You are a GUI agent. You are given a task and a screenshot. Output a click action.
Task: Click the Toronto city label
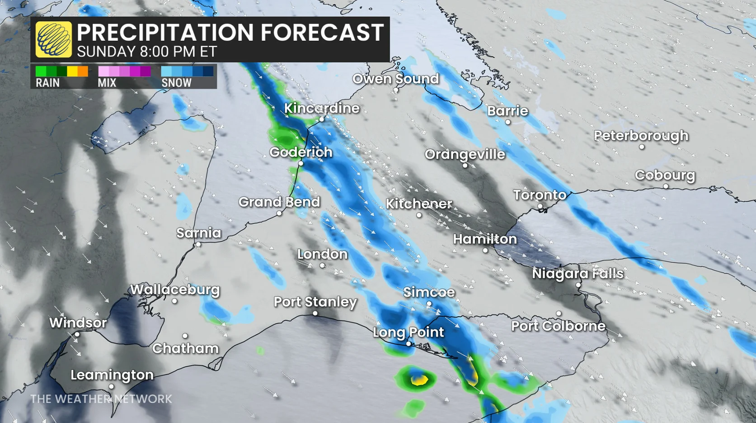coord(540,195)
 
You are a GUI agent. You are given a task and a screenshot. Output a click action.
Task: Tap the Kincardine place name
coord(322,108)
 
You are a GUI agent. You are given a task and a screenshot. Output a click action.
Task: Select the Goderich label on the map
coord(301,152)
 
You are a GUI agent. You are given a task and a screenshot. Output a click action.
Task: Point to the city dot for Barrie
coord(507,122)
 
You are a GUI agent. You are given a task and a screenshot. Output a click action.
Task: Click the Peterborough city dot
coord(642,147)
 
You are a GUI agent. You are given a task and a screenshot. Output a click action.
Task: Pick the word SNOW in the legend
coord(176,83)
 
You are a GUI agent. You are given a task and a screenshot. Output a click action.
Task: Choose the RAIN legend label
coord(47,83)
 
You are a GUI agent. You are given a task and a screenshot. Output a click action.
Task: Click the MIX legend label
coord(107,83)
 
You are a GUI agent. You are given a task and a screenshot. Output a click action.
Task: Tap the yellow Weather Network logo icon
coord(53,40)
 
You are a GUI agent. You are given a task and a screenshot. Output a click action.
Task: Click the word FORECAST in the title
coord(322,33)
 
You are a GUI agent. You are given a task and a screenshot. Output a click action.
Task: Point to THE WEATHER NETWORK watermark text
coord(101,399)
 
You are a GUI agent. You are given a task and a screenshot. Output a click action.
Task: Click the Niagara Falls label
coord(578,273)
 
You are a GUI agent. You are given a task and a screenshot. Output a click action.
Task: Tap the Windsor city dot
coord(77,335)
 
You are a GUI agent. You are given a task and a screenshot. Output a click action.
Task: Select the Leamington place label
coord(112,375)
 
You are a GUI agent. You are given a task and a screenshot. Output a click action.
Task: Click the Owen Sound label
coord(395,79)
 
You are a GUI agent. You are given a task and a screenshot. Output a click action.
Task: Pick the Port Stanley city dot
coord(315,313)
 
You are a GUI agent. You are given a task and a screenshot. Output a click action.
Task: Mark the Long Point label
coord(409,332)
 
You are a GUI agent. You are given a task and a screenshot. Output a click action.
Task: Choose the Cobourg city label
coord(665,175)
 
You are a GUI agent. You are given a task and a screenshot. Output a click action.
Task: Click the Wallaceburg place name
coord(175,290)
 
